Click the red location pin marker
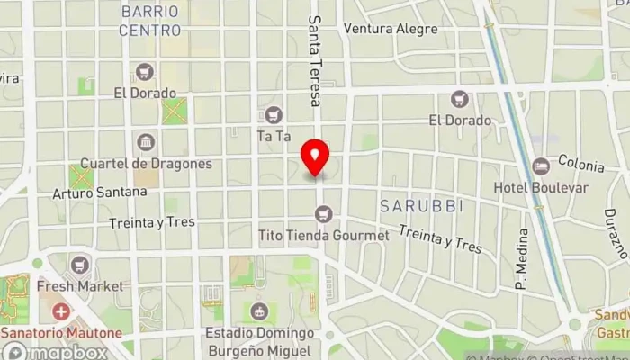point(315,158)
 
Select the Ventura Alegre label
point(391,29)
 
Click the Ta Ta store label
point(274,137)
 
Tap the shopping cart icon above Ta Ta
point(274,115)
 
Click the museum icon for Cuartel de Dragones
point(145,142)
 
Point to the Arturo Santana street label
point(100,192)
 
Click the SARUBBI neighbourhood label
point(421,206)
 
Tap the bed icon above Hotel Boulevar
point(540,166)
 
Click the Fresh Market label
point(80,286)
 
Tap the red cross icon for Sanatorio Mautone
point(60,311)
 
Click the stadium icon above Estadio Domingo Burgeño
point(261,311)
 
